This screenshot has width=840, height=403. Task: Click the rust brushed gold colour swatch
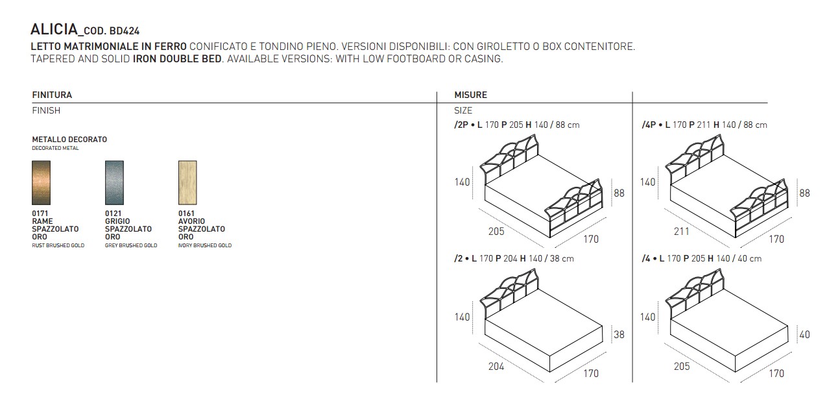(x=41, y=182)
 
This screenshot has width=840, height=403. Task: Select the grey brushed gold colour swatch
(x=114, y=182)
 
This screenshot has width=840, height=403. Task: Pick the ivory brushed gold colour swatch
(x=187, y=182)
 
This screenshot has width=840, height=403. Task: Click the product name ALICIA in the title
(x=54, y=30)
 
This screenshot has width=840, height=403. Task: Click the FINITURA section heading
(x=52, y=95)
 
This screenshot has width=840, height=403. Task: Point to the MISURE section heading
(x=471, y=95)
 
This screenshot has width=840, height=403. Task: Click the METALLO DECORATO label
(x=69, y=140)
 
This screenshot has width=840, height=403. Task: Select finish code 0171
(x=40, y=213)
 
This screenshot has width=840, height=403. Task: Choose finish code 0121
(x=113, y=213)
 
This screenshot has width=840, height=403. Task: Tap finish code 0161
(x=186, y=213)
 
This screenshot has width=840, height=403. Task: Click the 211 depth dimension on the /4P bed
(x=682, y=231)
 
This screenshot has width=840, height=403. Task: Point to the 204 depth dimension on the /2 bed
(x=496, y=366)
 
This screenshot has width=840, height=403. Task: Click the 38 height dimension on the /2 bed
(x=619, y=335)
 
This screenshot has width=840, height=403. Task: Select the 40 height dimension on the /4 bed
(x=805, y=335)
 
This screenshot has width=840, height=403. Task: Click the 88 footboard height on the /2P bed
(x=619, y=193)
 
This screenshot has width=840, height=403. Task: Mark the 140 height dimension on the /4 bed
(x=648, y=317)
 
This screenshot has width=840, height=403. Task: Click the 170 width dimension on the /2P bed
(x=591, y=239)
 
